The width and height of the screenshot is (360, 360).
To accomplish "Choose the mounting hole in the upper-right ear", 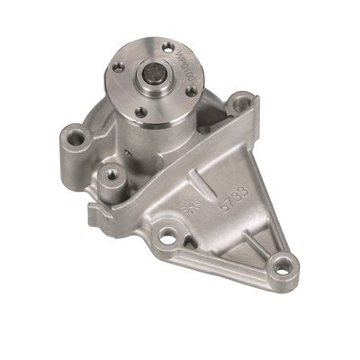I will pyautogui.click(x=242, y=103).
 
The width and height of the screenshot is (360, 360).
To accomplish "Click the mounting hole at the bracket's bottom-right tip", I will pyautogui.click(x=284, y=265).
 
